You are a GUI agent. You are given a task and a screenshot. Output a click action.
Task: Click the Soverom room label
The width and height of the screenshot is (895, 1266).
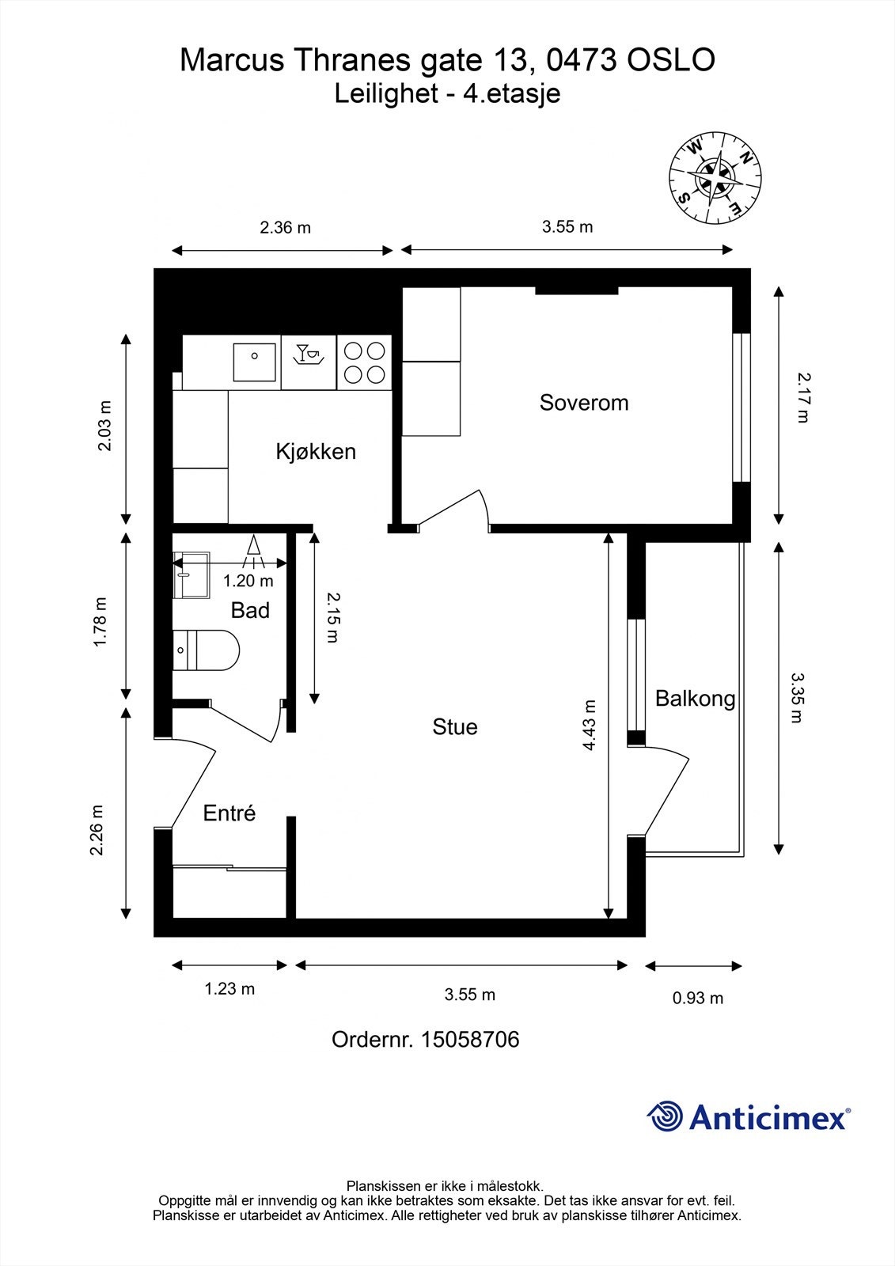583,403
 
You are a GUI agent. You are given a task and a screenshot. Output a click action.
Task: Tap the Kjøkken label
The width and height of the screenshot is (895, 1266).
316,452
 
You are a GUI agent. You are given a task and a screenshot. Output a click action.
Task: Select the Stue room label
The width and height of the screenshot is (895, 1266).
454,727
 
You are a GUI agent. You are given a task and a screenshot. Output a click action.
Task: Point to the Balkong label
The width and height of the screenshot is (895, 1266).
695,699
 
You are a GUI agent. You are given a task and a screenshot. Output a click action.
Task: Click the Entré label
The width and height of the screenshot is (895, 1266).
229,813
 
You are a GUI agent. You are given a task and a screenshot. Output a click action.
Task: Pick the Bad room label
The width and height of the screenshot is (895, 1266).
250,610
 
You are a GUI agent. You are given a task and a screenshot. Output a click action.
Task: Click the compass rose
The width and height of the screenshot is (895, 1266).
715,177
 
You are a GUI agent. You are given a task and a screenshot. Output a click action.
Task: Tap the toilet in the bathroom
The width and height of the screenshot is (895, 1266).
206,650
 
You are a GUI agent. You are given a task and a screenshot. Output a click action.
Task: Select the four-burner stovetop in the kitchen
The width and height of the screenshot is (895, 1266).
364,362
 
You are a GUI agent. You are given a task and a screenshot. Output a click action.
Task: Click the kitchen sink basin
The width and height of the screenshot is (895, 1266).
255,362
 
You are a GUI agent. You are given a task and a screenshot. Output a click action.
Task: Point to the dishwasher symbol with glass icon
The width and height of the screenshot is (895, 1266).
309,362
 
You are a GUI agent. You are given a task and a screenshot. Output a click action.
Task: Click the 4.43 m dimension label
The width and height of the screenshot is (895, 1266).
589,725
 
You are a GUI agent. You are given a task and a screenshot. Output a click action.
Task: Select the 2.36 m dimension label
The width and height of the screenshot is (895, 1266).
285,228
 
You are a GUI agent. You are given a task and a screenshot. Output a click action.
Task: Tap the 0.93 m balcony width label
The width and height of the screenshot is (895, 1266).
698,999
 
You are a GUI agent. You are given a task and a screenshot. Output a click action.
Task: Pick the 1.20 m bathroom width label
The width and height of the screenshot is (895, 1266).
248,581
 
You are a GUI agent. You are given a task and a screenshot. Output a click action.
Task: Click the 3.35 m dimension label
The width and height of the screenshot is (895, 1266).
797,697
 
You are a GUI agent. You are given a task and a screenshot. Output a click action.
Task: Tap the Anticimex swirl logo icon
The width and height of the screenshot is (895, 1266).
665,1116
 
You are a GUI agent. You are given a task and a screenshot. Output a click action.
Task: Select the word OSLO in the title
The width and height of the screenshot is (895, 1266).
671,60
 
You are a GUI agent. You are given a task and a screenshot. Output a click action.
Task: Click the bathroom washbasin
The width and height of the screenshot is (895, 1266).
191,575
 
